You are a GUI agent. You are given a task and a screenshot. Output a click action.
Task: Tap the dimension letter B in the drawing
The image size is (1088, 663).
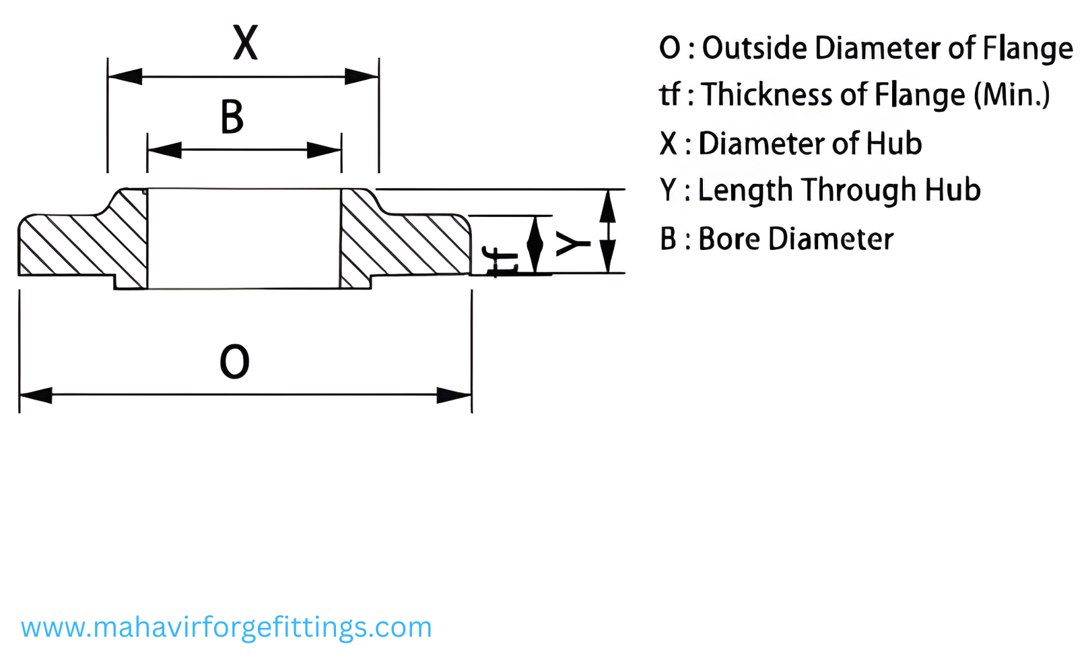tap(232, 117)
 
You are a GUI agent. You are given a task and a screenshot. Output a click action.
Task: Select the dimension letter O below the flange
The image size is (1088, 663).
tap(234, 361)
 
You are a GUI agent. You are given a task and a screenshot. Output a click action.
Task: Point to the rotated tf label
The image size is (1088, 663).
tap(502, 261)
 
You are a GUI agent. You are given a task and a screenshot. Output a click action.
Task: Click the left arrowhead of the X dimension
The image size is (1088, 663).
tap(125, 76)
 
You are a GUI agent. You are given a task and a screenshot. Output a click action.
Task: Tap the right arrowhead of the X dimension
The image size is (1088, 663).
tap(362, 76)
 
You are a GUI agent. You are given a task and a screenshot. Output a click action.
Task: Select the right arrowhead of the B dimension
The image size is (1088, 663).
tap(325, 150)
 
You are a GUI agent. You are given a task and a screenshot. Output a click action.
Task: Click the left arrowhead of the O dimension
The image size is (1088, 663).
tap(36, 395)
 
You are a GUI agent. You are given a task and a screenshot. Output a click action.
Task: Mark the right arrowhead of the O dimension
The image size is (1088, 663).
tap(454, 395)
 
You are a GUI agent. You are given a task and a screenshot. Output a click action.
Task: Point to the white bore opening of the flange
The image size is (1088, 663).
tap(244, 239)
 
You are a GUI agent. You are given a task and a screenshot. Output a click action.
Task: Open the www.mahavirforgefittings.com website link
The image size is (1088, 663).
tap(226, 627)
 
